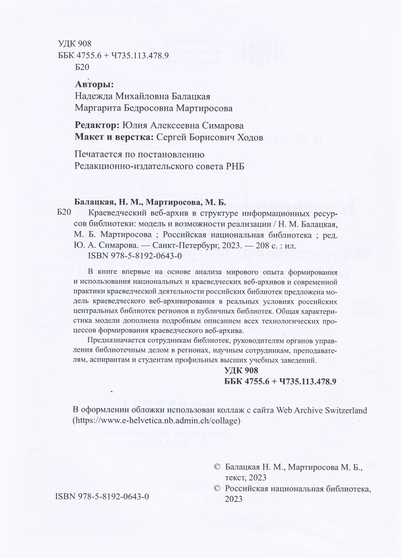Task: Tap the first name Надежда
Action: [x=93, y=95]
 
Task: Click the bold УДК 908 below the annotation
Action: [x=244, y=371]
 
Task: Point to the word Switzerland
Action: [x=343, y=409]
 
